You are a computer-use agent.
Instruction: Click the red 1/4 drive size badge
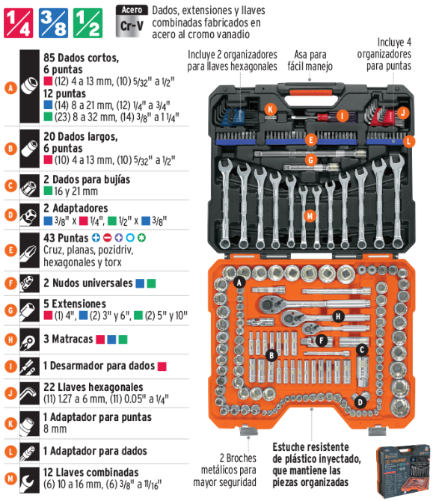18,23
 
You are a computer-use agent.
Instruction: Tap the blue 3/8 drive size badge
53,23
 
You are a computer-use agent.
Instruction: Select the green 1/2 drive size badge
88,23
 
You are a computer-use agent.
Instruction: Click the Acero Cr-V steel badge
132,21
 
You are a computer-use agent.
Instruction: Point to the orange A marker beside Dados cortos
10,88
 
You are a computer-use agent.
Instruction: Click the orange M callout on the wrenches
310,216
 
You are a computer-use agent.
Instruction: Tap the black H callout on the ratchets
338,316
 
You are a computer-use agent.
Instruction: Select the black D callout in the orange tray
360,402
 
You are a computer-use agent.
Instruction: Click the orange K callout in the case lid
271,110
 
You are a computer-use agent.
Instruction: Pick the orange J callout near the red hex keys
403,112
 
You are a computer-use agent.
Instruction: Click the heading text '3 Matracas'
68,339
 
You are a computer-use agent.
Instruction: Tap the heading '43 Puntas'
66,238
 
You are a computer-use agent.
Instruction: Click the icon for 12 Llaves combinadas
29,480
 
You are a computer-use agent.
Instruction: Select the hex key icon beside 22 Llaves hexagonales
29,393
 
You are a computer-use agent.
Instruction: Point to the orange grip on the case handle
311,93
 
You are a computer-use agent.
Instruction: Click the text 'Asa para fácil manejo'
310,61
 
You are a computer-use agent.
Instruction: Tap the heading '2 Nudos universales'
88,283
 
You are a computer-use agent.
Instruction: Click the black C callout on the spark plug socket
362,350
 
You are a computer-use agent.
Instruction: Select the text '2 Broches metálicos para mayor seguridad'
224,470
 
